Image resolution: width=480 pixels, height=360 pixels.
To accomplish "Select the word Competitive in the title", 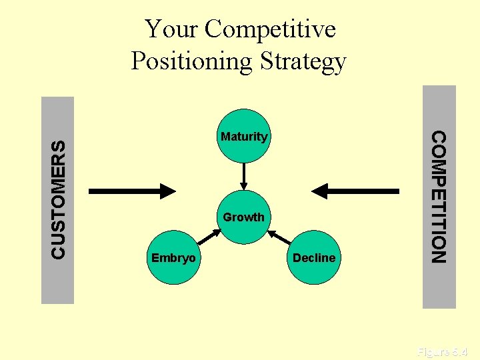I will pos(270,29).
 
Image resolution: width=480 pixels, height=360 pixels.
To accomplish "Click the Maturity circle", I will pos(244,139).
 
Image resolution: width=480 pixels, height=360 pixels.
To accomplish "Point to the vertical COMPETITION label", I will pos(439,197).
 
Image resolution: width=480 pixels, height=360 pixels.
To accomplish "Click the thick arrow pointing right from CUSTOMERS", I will pos(130,191).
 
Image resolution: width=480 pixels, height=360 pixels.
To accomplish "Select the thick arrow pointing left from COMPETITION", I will pos(357,191).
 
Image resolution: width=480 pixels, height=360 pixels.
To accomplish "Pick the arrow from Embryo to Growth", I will pos(209,239).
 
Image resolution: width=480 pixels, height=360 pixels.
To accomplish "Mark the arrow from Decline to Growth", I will pos(280,238).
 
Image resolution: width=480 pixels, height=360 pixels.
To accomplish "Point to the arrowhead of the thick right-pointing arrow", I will pos(165,191).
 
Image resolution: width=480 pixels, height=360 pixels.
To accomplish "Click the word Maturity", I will pos(244,137).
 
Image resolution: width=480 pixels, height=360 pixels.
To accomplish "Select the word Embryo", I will pos(173,258).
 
